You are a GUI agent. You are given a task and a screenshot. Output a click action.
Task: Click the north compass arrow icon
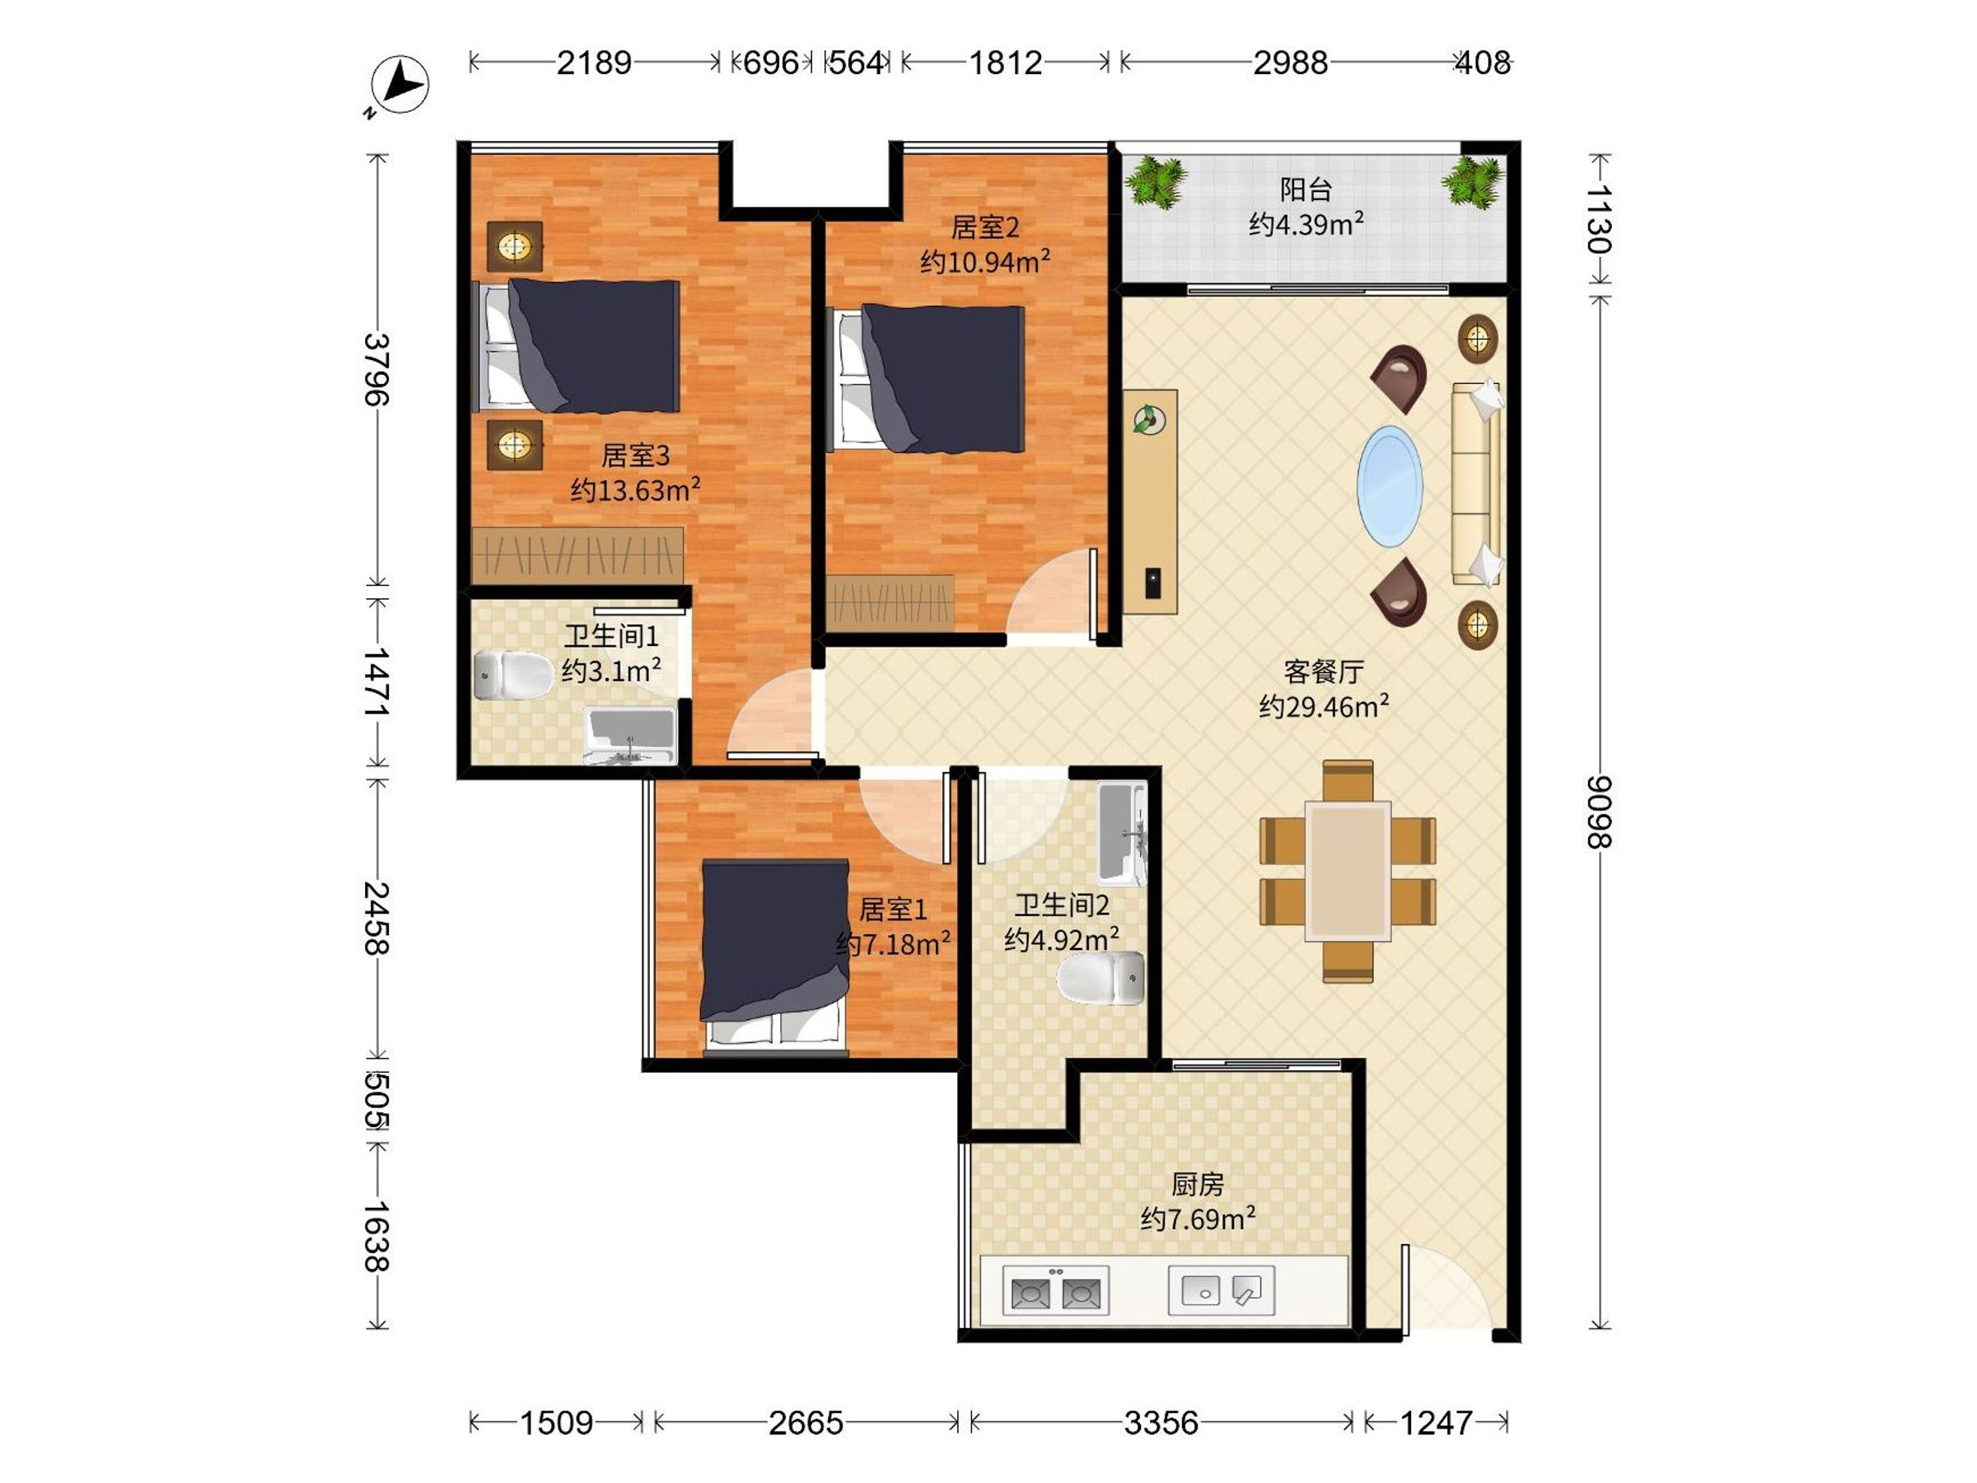click(400, 85)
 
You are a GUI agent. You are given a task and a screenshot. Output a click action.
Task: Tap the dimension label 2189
click(595, 63)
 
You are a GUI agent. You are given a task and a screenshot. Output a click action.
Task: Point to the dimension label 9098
click(1599, 812)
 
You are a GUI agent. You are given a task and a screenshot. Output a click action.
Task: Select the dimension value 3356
click(1161, 1422)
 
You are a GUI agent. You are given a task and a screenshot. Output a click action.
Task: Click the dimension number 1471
click(376, 682)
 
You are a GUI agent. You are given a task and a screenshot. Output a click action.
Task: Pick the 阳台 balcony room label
click(1306, 189)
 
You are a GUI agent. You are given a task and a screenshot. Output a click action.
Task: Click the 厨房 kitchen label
click(1198, 1185)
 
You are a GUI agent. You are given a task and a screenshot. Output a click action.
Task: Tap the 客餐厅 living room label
click(1324, 671)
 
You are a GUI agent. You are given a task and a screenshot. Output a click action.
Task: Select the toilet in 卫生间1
click(513, 675)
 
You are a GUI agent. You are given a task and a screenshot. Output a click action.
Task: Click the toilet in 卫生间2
click(1101, 978)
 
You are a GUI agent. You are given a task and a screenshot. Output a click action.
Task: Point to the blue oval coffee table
click(1390, 486)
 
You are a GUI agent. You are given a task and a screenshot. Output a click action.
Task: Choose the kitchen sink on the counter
click(1221, 1290)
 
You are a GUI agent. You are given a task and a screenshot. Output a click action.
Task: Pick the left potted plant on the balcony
click(1155, 182)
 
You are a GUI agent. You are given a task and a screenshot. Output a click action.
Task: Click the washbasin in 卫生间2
click(1123, 835)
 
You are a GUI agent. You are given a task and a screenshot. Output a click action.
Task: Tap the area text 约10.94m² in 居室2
click(985, 262)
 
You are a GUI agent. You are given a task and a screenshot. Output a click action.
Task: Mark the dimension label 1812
click(1006, 63)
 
